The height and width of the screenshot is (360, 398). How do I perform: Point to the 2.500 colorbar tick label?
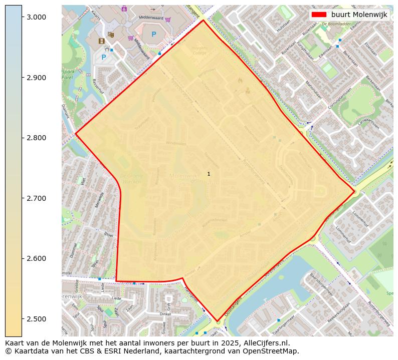click(36, 319)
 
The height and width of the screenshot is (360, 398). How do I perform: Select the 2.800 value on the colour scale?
click(36, 138)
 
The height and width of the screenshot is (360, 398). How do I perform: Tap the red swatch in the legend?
click(318, 15)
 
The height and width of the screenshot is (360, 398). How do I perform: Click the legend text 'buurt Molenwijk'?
click(359, 15)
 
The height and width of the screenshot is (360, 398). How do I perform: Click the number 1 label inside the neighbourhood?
click(209, 174)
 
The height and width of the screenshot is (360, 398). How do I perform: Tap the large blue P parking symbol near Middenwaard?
click(154, 35)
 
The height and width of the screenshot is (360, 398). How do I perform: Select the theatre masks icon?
click(111, 35)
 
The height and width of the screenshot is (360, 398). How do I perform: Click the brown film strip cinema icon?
click(102, 41)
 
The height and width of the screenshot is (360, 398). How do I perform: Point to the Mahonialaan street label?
click(313, 86)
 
